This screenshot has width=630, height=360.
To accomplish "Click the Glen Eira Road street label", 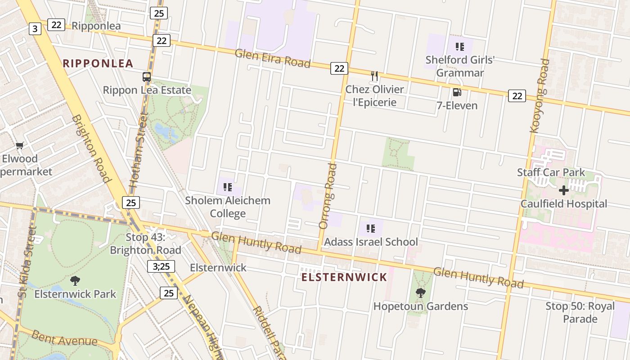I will point(273,58).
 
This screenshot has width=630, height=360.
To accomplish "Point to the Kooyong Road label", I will point(540,96).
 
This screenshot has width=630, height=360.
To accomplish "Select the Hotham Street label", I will point(139,149).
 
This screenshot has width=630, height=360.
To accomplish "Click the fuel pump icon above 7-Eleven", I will point(457,93).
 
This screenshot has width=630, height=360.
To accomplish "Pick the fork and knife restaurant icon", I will point(374,76).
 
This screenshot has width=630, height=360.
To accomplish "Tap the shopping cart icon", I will point(19,145).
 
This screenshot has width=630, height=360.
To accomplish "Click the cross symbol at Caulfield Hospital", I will point(563,190).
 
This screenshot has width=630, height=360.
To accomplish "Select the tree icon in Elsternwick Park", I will point(75,281).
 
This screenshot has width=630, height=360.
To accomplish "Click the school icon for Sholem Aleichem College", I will point(227,187).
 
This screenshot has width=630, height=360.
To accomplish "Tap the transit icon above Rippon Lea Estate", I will point(147,76).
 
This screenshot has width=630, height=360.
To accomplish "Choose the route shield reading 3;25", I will point(161,266).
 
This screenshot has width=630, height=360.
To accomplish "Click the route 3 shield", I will point(35,29).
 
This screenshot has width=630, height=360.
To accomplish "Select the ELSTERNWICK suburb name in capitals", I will point(344,277).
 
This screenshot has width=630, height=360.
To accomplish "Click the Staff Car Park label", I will point(551,172).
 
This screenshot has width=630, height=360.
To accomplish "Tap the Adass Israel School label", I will point(371,242).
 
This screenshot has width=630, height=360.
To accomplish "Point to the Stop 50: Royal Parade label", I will point(580,312).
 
